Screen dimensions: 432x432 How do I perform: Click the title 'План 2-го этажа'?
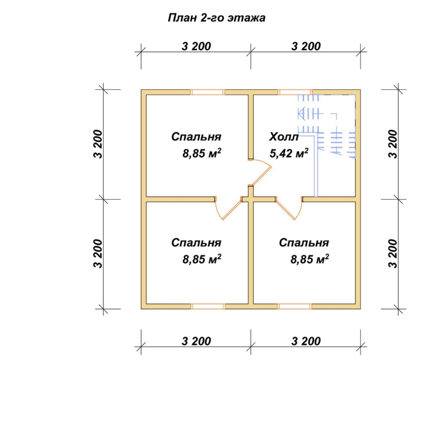[x=216, y=18]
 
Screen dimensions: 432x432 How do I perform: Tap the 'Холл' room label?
[x=284, y=137]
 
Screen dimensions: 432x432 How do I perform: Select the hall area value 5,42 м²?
[x=289, y=153]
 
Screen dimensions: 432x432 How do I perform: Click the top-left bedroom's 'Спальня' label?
[x=196, y=137]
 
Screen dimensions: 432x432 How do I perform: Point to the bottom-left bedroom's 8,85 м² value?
[x=202, y=259]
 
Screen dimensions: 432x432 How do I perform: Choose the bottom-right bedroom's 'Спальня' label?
[x=304, y=243]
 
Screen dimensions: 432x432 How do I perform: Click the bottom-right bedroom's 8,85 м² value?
[x=310, y=259]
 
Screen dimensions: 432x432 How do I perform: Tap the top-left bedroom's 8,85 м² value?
[x=202, y=153]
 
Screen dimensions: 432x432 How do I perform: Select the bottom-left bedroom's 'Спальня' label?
[x=196, y=243]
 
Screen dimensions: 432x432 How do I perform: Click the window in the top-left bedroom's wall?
[x=207, y=92]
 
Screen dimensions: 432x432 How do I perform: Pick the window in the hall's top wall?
[x=295, y=92]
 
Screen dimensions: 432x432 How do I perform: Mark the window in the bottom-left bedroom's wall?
[x=208, y=306]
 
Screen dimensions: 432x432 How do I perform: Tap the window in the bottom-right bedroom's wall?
[x=295, y=306]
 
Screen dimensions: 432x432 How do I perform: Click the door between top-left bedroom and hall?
[x=260, y=173]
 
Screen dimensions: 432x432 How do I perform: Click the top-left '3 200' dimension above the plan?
[x=196, y=46]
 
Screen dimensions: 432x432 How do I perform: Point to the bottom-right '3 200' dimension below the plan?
[x=306, y=341]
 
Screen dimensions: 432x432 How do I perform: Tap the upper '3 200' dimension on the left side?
[x=98, y=144]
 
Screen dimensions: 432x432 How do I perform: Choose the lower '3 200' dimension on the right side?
[x=393, y=254]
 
